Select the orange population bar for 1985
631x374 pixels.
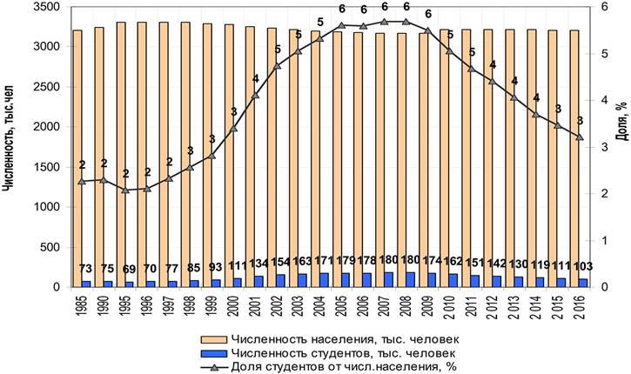77,157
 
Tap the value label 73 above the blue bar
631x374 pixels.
85,269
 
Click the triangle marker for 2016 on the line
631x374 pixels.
579,137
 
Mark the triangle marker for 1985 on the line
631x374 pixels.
81,181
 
